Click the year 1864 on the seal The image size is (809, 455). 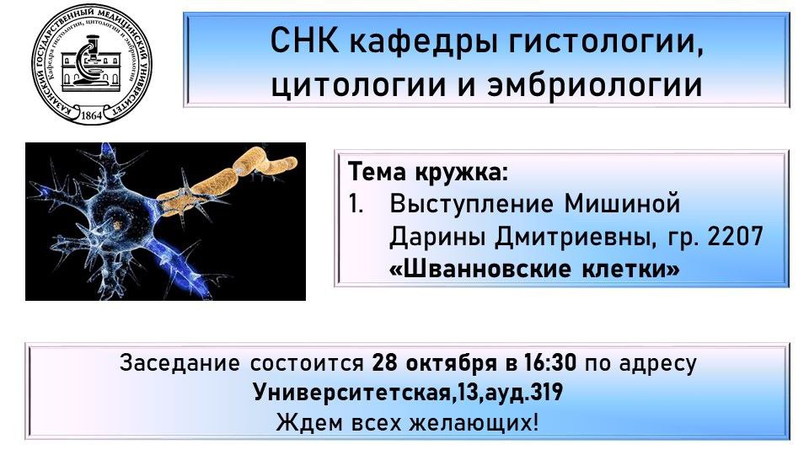[92, 115]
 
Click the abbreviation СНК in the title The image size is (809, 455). [304, 40]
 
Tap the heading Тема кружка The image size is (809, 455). [428, 172]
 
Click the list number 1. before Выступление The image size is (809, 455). [356, 204]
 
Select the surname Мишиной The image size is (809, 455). [622, 204]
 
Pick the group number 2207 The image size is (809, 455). [735, 237]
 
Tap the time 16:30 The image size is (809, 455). [550, 362]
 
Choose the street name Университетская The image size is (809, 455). [351, 393]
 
